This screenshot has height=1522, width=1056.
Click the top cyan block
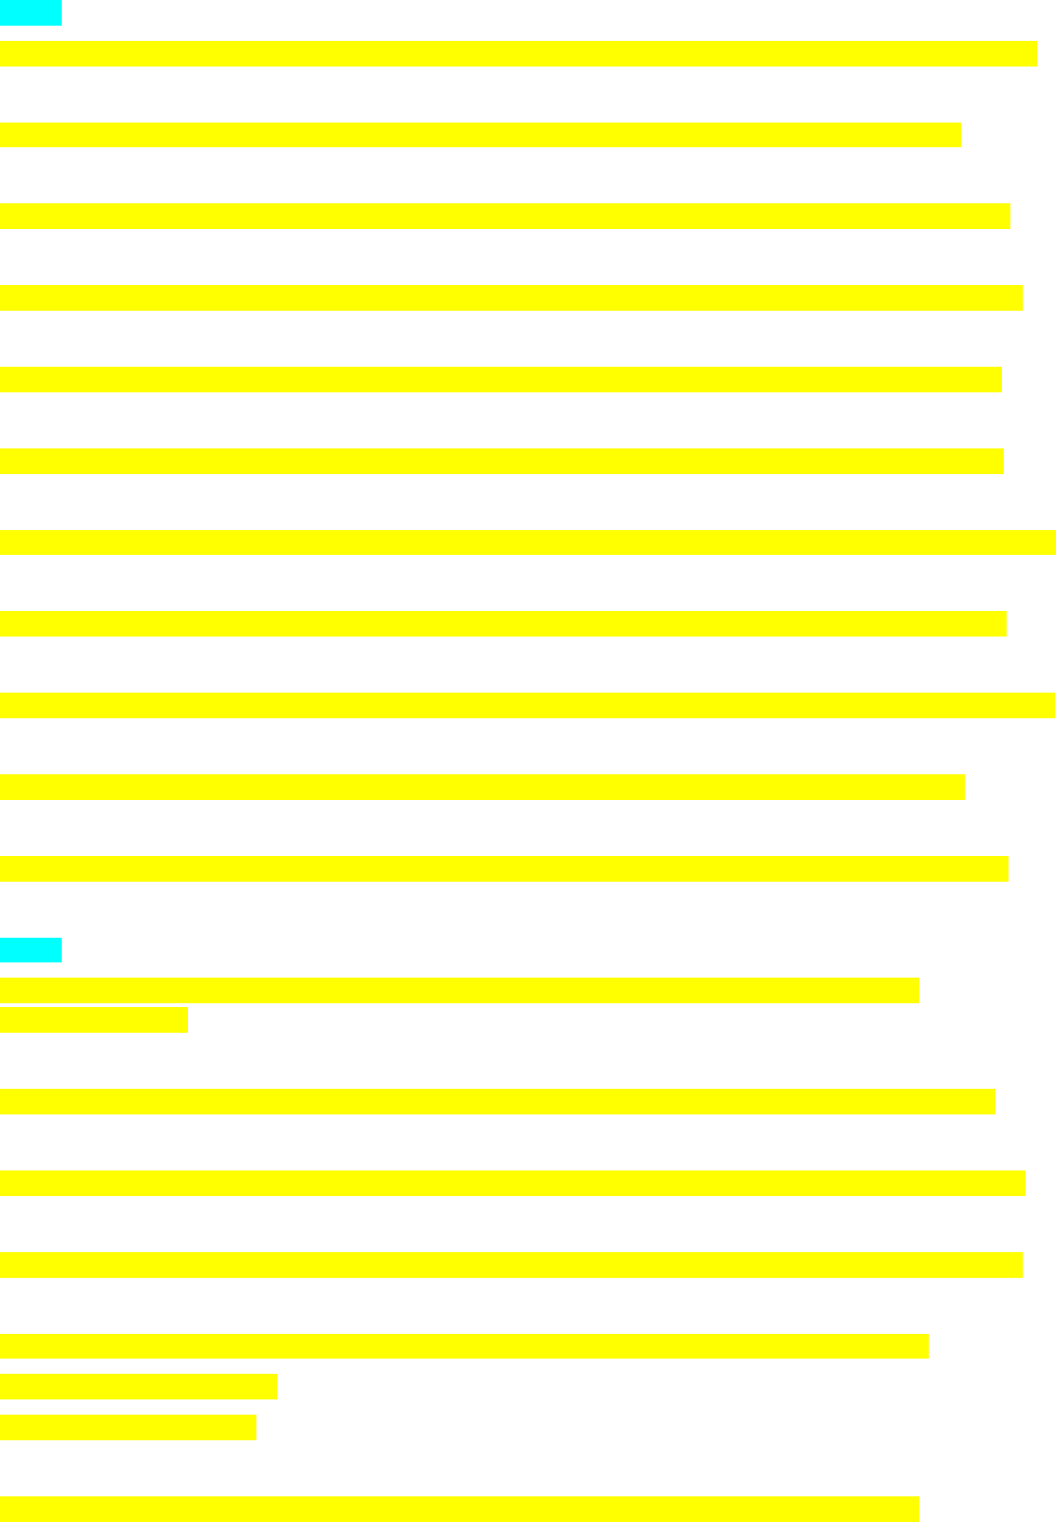30,13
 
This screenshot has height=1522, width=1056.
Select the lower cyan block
30,950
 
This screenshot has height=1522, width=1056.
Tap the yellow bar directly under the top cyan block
518,53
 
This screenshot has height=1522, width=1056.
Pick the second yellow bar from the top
480,135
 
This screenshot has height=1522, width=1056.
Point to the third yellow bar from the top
504,217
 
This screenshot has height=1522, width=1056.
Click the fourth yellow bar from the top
511,297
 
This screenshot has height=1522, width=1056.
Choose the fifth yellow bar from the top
500,379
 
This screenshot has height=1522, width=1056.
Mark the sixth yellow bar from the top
501,461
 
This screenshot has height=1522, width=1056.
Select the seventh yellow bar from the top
527,542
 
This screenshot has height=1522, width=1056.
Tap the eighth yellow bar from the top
502,623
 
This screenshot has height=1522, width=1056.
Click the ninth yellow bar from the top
527,705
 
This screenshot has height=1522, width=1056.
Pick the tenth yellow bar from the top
481,787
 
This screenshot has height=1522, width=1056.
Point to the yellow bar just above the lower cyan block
503,868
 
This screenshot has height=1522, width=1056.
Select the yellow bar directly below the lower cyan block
459,990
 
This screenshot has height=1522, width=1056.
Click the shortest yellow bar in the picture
93,1020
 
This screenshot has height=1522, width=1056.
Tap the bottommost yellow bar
459,1509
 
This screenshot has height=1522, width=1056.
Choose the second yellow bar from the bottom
127,1427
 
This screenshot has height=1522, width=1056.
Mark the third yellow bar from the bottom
138,1386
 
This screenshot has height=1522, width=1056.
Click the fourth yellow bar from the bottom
463,1346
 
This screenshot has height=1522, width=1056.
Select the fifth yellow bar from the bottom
511,1265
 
